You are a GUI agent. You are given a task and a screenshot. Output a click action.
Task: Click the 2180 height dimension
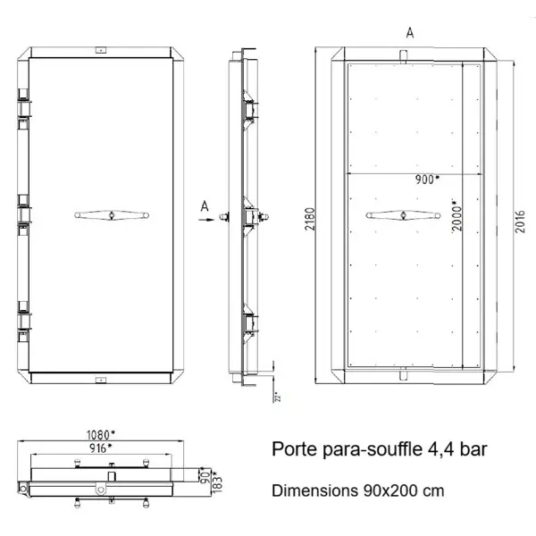pyautogui.click(x=308, y=216)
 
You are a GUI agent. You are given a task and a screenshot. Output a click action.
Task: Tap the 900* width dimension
pyautogui.click(x=426, y=179)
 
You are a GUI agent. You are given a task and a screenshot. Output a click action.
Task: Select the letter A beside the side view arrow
pyautogui.click(x=204, y=206)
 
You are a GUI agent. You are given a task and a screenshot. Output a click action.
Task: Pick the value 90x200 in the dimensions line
pyautogui.click(x=388, y=491)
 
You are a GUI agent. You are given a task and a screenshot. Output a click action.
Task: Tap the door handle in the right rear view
pyautogui.click(x=404, y=214)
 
